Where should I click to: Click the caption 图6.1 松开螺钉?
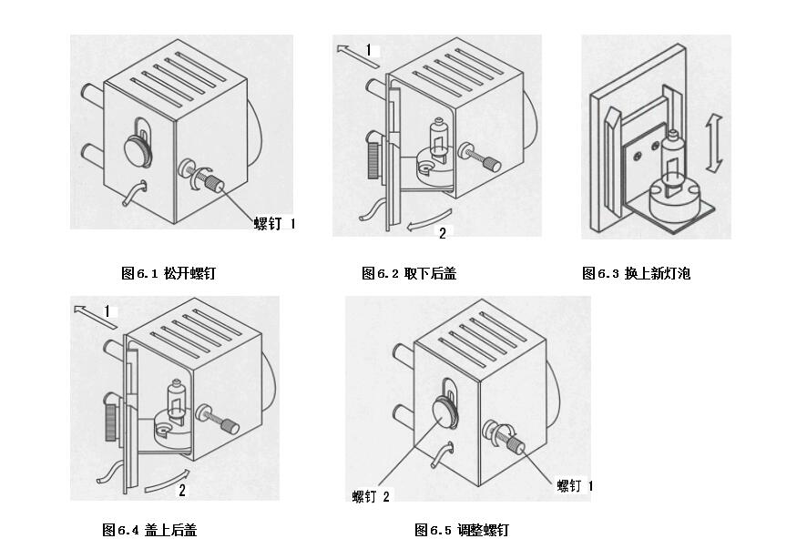tap(169, 273)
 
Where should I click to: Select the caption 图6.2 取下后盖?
tap(409, 273)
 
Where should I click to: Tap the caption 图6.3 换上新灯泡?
tap(637, 273)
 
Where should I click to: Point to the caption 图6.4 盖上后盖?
tap(148, 530)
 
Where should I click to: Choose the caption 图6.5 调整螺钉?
tap(462, 530)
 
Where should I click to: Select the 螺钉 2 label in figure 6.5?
tap(372, 496)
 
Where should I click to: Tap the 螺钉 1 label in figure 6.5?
tap(575, 486)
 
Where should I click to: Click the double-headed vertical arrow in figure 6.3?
tap(715, 144)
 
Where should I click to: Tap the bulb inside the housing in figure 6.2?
tap(438, 136)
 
